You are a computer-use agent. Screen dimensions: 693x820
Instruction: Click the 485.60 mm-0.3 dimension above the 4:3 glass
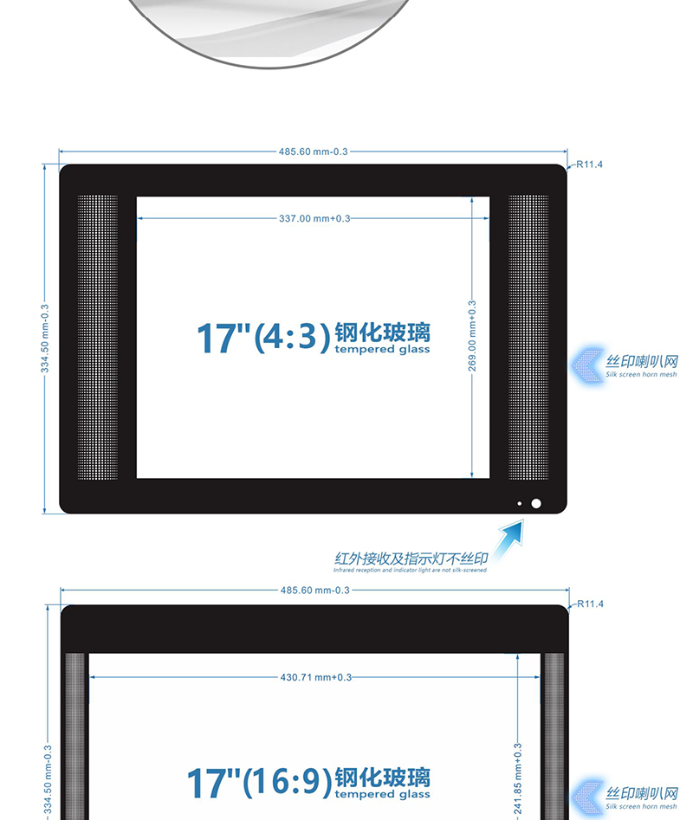[x=313, y=152]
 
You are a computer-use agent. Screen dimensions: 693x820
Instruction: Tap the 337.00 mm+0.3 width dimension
[x=314, y=218]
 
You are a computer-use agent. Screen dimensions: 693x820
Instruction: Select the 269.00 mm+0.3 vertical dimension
[x=472, y=336]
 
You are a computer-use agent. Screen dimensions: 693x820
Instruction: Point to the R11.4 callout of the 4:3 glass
[x=589, y=165]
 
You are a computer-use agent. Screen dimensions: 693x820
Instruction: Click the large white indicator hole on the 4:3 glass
[x=536, y=503]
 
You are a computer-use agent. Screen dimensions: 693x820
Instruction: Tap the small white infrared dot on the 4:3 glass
[x=520, y=504]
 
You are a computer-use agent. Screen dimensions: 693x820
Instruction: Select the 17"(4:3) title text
[x=263, y=338]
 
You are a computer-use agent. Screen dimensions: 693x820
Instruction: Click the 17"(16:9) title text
[x=259, y=783]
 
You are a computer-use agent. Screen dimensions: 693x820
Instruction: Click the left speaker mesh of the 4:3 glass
[x=98, y=338]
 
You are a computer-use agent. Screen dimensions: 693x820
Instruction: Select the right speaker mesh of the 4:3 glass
[x=528, y=338]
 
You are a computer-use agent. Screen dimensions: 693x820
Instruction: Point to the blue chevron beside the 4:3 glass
[x=586, y=365]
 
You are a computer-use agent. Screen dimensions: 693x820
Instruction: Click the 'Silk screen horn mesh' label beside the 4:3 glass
[x=641, y=374]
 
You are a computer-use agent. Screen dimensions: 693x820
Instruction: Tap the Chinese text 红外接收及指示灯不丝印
[x=411, y=559]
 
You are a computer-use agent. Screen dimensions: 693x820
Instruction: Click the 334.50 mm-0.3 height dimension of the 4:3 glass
[x=45, y=339]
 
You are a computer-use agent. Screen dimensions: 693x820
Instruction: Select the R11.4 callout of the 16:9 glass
[x=590, y=604]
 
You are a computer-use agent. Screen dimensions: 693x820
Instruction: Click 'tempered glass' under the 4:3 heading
[x=382, y=349]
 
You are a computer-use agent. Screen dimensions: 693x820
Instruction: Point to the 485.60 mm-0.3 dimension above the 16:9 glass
[x=314, y=591]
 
